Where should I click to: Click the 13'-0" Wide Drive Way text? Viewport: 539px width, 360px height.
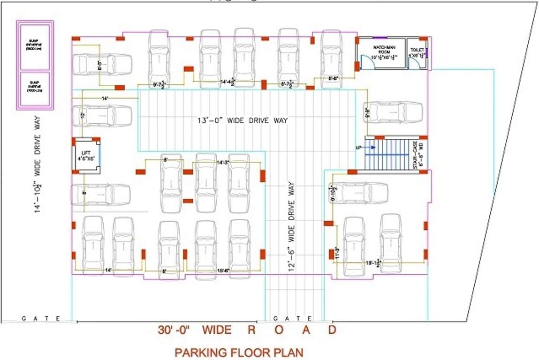tap(242, 120)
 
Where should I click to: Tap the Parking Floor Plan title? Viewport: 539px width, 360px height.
tap(239, 352)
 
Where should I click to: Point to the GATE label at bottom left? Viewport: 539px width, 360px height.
tap(41, 318)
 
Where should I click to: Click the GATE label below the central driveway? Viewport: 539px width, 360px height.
tap(295, 318)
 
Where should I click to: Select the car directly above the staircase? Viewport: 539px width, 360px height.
tap(395, 112)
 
